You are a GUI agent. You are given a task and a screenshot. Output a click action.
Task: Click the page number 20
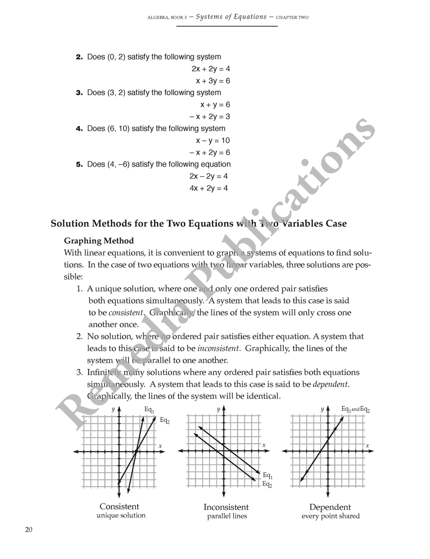(x=28, y=529)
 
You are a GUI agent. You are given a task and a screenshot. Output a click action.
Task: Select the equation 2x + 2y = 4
(x=211, y=69)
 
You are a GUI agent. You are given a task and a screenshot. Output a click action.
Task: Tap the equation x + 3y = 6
(x=213, y=81)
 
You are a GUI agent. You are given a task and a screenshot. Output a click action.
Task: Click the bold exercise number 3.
(x=79, y=93)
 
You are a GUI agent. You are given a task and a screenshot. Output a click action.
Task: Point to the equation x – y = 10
(x=213, y=141)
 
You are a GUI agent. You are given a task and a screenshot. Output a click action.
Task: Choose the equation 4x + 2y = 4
(x=209, y=188)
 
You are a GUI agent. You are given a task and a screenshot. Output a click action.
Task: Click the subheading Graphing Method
(x=99, y=241)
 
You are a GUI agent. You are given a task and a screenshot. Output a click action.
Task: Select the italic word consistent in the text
(x=126, y=313)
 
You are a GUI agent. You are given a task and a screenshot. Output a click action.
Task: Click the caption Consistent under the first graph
(x=120, y=507)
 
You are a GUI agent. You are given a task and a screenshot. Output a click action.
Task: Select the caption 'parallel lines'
(x=227, y=516)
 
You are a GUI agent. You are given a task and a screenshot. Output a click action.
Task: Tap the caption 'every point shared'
(x=330, y=516)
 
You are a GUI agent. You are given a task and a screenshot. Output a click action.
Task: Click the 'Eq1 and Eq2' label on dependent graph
(x=356, y=409)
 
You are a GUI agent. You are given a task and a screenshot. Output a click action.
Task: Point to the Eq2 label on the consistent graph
(x=165, y=421)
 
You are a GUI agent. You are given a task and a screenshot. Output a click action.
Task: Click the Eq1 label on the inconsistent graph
(x=267, y=476)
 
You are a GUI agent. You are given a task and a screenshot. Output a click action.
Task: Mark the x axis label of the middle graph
(x=264, y=445)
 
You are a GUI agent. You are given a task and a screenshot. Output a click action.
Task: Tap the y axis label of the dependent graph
(x=322, y=409)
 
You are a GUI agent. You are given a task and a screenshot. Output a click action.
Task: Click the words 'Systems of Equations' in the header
(x=231, y=17)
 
